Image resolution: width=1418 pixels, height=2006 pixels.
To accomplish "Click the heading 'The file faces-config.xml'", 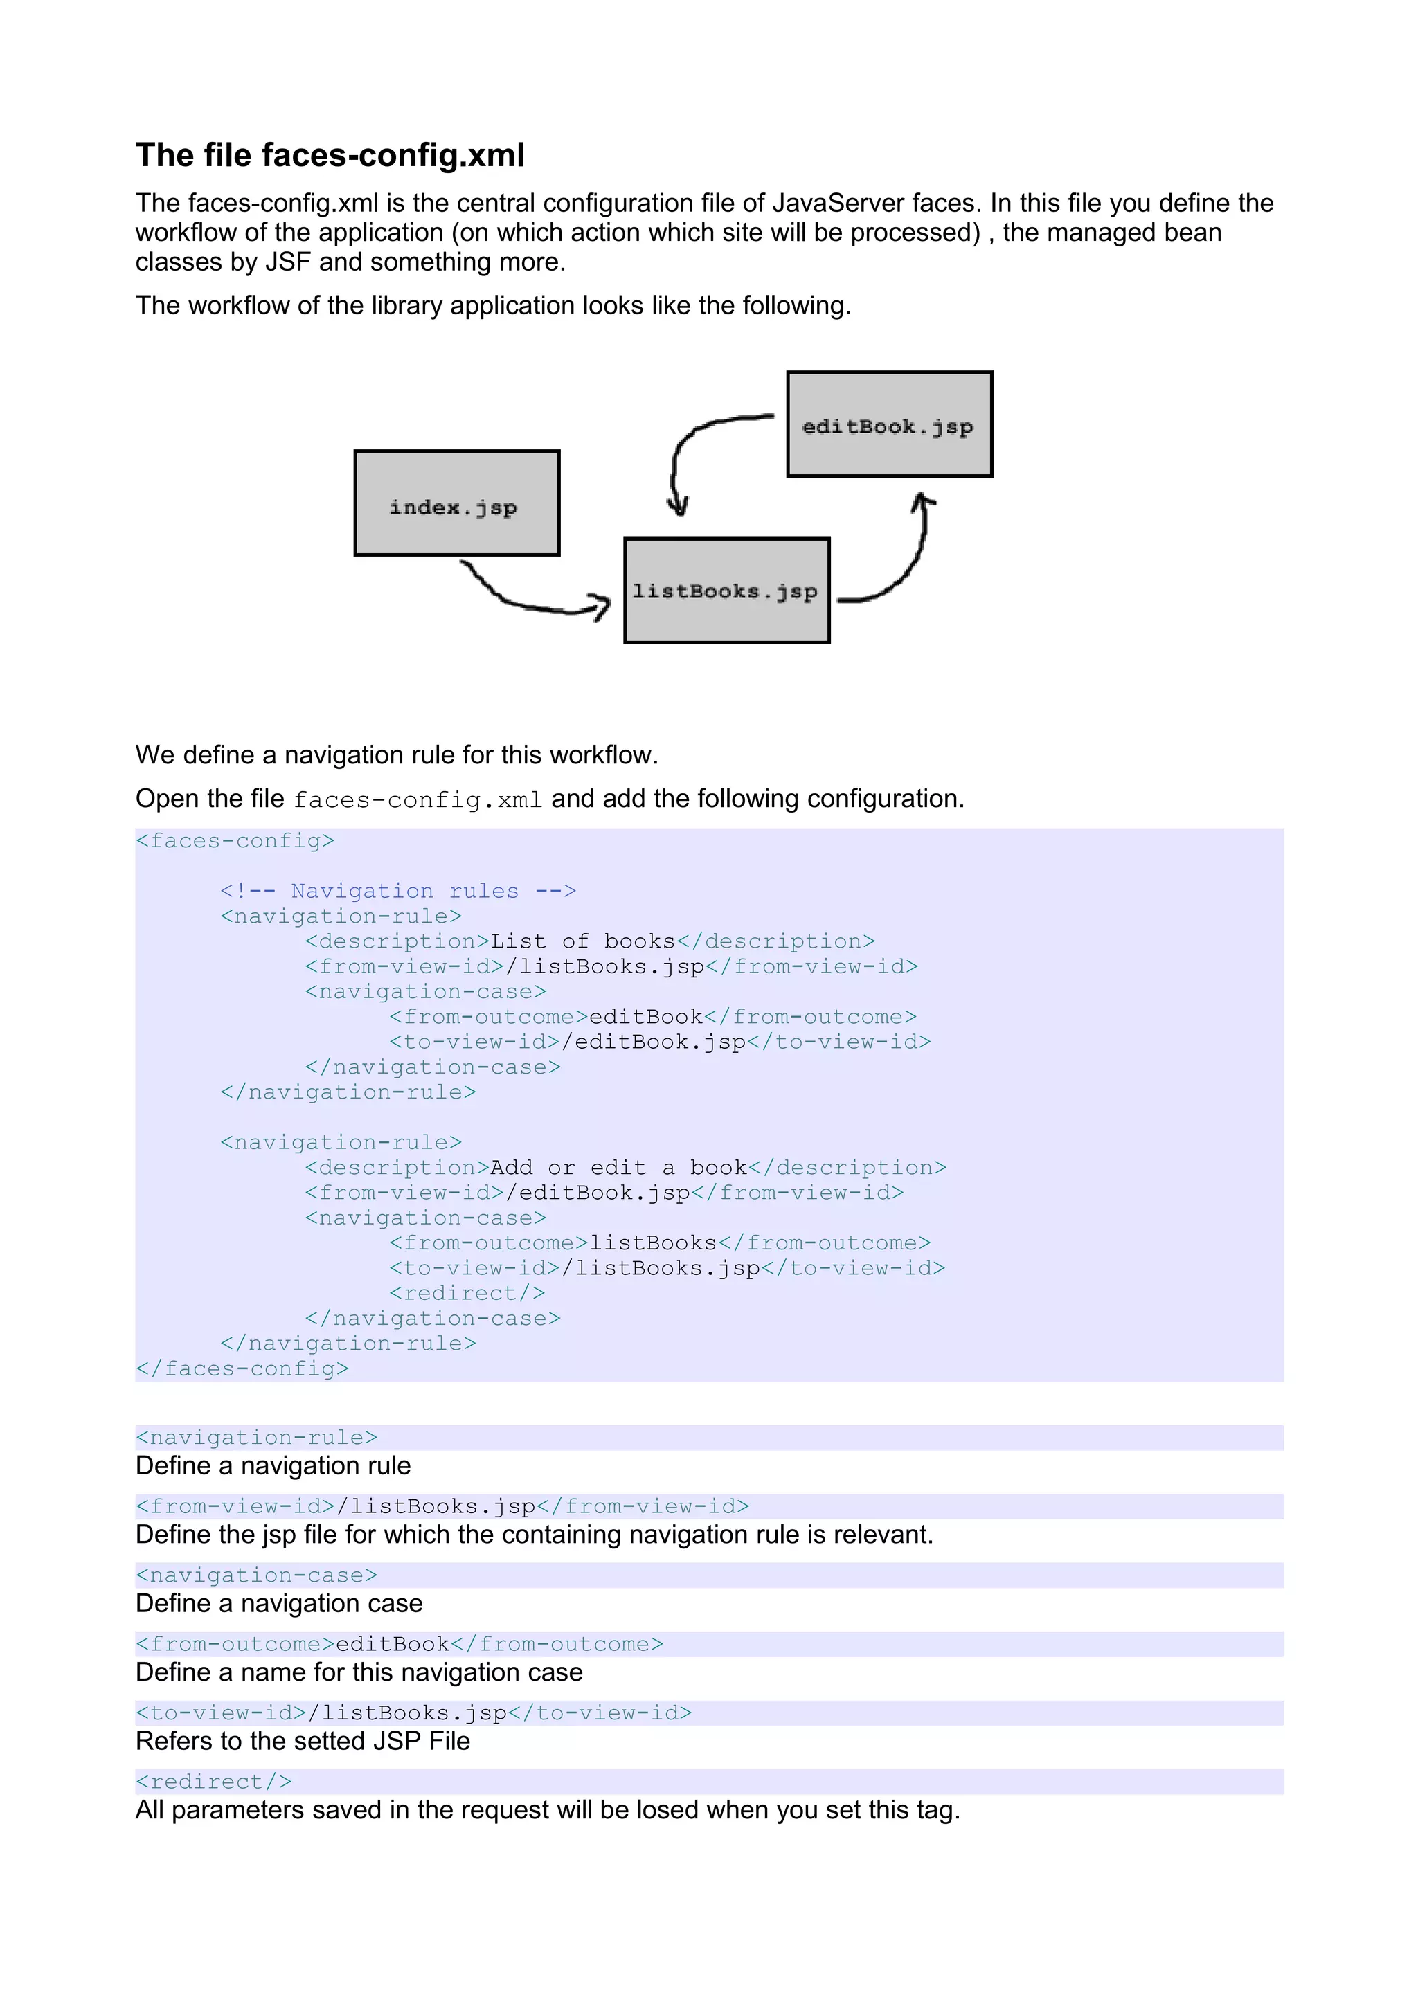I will (x=330, y=156).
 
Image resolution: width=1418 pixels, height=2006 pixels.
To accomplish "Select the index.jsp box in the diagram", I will (x=456, y=503).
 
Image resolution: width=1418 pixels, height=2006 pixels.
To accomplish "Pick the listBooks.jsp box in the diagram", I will (x=726, y=590).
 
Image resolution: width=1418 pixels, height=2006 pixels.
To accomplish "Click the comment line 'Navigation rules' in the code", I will (x=397, y=891).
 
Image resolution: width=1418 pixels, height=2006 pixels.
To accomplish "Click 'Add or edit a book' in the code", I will (x=618, y=1168).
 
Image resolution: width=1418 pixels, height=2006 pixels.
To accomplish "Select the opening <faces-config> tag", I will (x=235, y=841).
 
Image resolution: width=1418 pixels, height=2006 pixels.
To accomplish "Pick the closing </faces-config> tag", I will (x=242, y=1369).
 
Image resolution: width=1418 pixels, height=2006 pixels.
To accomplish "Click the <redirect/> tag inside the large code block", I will (x=467, y=1293).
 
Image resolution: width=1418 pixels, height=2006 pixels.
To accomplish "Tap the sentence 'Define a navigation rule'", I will (x=273, y=1466).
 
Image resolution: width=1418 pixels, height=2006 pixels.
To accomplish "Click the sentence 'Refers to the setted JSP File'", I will (x=303, y=1742).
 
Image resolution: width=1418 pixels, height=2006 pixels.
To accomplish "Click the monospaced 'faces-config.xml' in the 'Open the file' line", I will (x=418, y=800).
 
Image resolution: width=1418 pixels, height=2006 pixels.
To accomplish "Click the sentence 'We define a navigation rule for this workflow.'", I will (x=396, y=755).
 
